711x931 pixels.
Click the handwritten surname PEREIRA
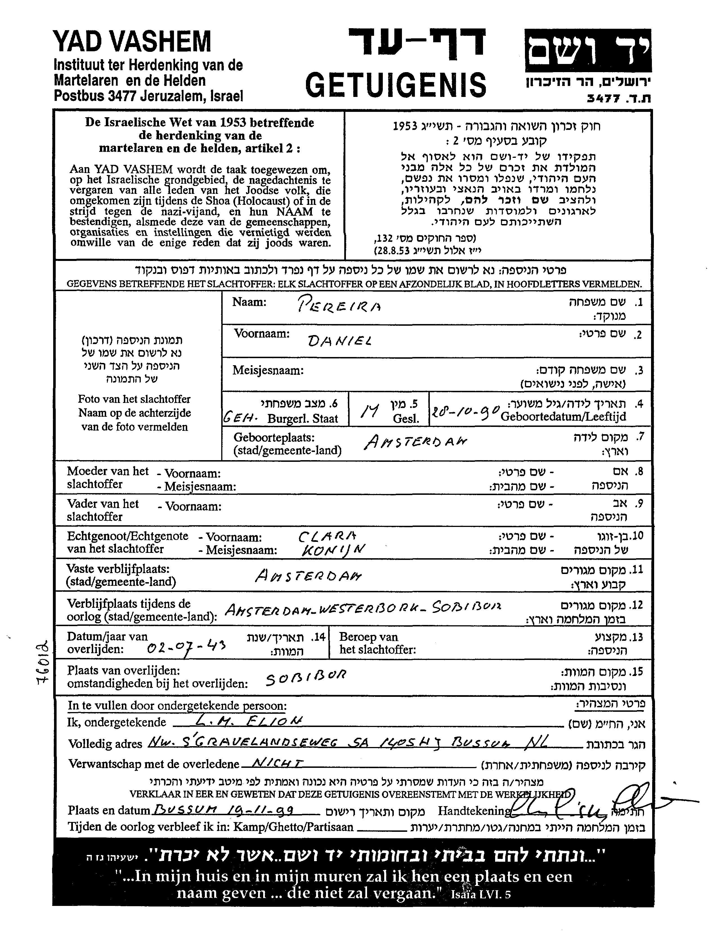tap(339, 305)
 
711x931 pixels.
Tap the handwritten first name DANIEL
tap(340, 340)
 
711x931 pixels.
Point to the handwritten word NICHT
tap(278, 764)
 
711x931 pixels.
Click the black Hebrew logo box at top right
tap(587, 50)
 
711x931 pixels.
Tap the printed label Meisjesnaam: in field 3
tap(268, 371)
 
